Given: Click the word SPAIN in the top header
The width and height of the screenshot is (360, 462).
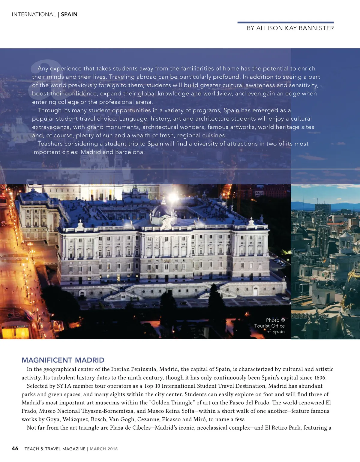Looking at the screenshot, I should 69,14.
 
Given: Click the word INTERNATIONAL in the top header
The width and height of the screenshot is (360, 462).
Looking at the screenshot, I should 34,14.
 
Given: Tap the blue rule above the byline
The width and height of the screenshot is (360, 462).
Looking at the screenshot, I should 285,22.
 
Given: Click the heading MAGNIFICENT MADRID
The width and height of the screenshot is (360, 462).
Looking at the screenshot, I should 63,360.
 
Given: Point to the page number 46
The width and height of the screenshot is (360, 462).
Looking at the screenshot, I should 15,448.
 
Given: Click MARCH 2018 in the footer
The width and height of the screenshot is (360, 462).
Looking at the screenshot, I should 103,449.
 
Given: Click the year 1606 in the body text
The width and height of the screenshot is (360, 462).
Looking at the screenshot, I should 320,378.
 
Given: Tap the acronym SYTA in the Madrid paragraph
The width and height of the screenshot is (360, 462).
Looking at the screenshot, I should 64,386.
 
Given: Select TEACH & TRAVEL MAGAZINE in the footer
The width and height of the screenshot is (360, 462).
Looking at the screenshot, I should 55,449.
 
